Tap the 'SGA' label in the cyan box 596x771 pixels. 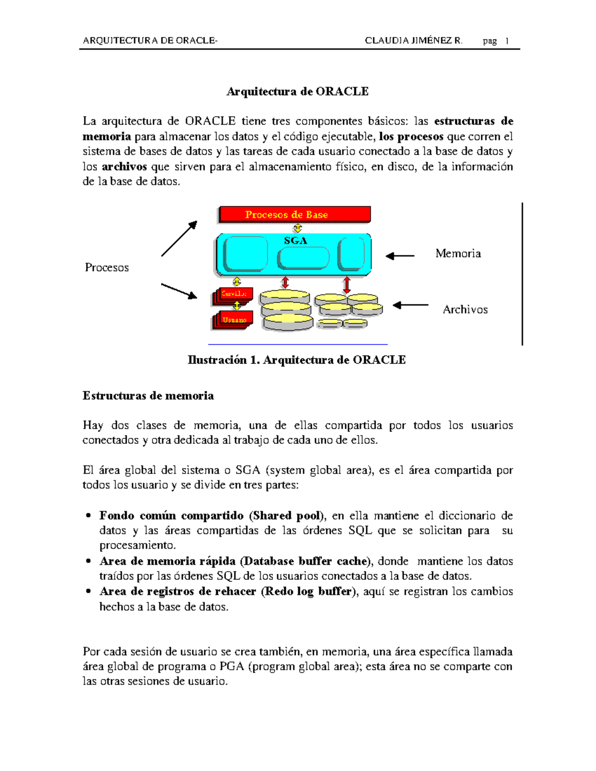296,241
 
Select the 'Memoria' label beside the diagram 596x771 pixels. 458,254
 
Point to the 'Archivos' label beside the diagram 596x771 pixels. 465,310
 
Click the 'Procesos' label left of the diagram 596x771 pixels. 107,268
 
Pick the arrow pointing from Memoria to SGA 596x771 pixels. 400,256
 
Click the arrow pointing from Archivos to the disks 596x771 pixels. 410,305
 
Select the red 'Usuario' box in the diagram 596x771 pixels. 234,320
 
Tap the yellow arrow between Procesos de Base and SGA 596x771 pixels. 298,228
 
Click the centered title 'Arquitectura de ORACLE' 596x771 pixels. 298,91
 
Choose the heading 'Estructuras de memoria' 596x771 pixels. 148,396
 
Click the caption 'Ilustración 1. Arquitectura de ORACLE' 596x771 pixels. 297,360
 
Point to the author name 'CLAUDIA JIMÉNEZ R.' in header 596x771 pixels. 413,41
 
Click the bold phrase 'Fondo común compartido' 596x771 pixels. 171,515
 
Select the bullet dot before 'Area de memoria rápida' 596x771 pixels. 88,561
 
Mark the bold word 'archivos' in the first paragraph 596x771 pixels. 124,167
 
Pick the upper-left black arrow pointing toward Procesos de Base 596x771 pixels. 179,239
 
